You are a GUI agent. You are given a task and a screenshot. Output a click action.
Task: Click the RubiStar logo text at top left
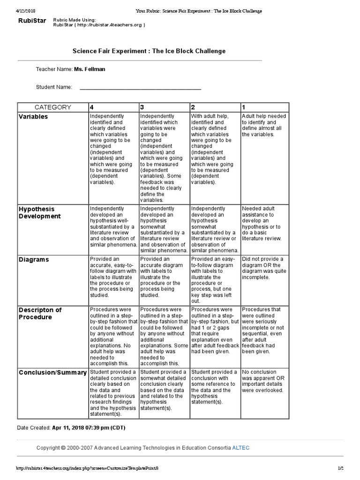click(x=32, y=21)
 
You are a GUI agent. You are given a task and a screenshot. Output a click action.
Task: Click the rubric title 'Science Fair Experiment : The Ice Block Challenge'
click(x=149, y=51)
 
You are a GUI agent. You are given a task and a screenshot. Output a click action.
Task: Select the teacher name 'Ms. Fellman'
click(x=90, y=69)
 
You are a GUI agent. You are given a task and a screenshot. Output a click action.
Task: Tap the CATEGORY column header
click(x=52, y=107)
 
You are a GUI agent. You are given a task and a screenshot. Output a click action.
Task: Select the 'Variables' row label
click(x=33, y=117)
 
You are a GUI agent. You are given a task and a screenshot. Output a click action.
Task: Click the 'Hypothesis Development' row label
click(x=40, y=212)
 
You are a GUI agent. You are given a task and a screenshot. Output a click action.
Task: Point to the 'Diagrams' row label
click(x=33, y=259)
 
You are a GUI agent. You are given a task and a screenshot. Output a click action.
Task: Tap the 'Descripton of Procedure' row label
click(x=40, y=313)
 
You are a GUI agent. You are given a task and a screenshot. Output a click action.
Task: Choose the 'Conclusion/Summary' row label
click(x=52, y=372)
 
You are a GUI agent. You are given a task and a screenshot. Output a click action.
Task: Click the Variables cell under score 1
click(x=264, y=125)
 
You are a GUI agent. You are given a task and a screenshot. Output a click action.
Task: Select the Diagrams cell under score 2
click(x=214, y=280)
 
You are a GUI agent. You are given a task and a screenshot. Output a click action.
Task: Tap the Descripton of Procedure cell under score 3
click(x=164, y=336)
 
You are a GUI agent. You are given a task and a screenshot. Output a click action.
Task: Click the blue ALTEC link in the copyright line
click(x=241, y=448)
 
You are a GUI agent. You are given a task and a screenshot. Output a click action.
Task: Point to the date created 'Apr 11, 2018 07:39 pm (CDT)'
click(x=89, y=427)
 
